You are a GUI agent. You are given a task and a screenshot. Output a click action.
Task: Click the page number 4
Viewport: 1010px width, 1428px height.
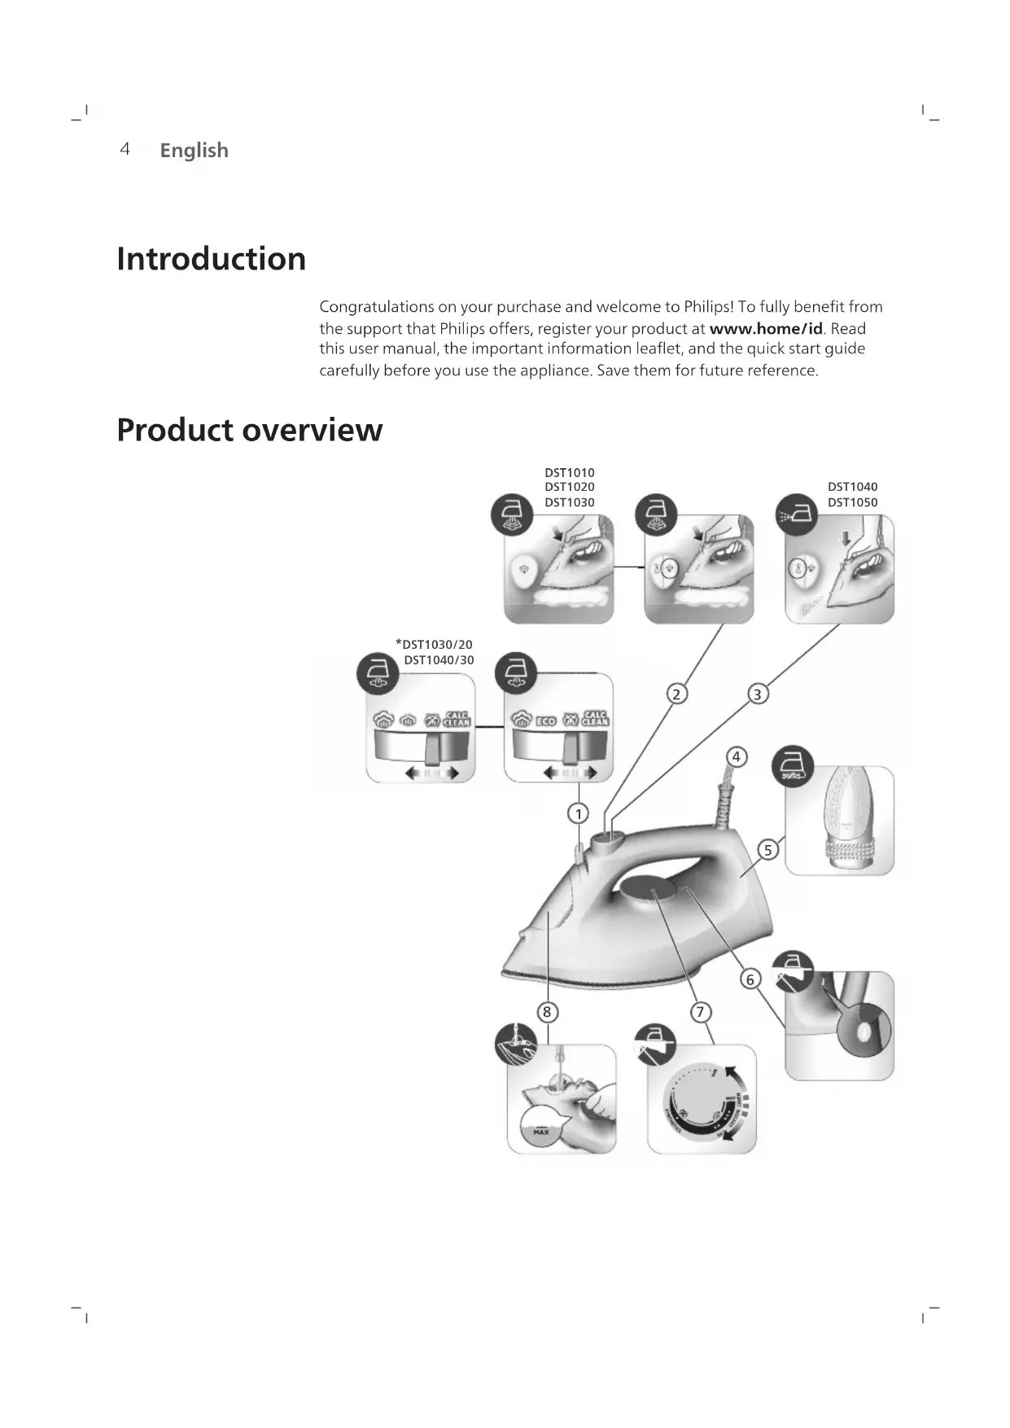(125, 149)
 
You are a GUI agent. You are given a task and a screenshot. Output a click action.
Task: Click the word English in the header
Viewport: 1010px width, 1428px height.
(194, 151)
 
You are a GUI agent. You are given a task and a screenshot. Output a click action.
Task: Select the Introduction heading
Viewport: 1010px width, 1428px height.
(211, 259)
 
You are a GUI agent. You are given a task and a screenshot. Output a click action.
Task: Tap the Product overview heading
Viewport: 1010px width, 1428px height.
(249, 430)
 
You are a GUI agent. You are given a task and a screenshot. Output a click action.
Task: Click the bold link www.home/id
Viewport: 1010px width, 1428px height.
(766, 329)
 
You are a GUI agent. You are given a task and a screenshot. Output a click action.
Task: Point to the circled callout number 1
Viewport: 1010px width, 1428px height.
(578, 813)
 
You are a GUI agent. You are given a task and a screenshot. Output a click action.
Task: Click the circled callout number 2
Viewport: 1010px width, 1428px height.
(676, 694)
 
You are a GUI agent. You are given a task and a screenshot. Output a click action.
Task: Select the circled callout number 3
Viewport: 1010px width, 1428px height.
(758, 694)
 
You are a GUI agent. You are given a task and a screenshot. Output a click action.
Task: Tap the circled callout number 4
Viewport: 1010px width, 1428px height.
(736, 757)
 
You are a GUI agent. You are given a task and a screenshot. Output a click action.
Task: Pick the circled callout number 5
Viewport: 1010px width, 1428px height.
(767, 850)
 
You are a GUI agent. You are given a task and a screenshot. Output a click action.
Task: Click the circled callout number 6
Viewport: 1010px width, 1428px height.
(750, 979)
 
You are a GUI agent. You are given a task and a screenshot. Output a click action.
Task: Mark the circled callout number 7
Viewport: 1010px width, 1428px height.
(700, 1012)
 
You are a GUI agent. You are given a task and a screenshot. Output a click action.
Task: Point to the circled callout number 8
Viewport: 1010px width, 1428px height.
(547, 1012)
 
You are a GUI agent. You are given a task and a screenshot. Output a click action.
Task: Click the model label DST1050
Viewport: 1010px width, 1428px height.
(852, 502)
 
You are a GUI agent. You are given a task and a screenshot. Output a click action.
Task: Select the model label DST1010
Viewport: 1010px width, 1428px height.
(569, 473)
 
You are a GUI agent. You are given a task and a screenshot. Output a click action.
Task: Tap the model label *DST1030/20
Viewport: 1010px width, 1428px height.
(434, 645)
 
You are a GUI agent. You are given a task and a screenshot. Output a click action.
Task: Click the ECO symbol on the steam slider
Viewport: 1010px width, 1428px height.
(545, 721)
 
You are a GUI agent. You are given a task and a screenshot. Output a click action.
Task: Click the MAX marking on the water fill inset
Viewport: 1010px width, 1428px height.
(540, 1132)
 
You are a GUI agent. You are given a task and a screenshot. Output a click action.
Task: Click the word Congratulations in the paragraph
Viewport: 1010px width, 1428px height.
(376, 307)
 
